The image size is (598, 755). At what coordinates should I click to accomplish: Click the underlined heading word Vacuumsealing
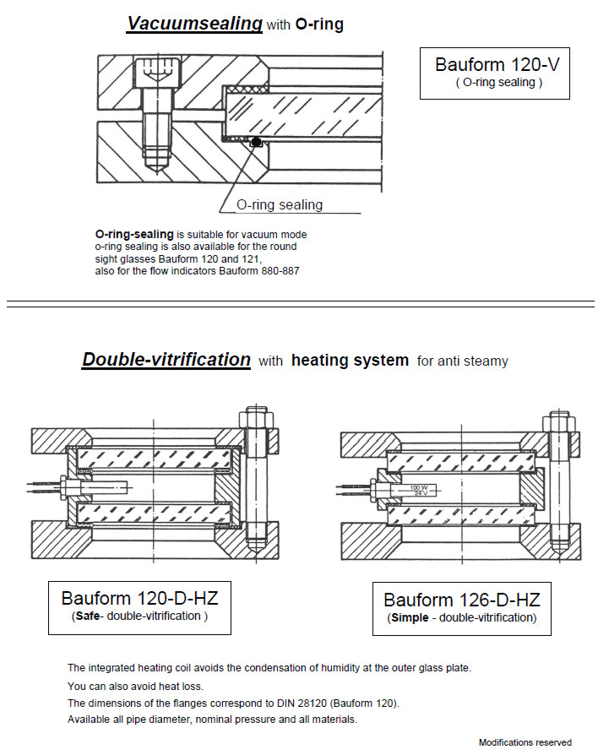click(x=194, y=24)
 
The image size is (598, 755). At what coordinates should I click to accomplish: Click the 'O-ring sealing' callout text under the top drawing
click(x=279, y=204)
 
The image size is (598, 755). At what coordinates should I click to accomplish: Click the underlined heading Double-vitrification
click(x=166, y=360)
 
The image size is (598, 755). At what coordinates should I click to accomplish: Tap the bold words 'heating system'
click(x=350, y=361)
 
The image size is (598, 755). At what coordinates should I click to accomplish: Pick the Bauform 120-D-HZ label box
click(x=139, y=606)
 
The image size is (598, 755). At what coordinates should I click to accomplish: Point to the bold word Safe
click(x=88, y=616)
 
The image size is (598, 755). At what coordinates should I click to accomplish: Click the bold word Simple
click(x=411, y=617)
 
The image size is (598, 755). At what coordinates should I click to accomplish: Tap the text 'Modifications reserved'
click(x=525, y=742)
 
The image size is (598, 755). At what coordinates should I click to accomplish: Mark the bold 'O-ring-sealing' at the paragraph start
click(x=134, y=234)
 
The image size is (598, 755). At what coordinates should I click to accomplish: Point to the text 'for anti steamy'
click(x=463, y=361)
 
